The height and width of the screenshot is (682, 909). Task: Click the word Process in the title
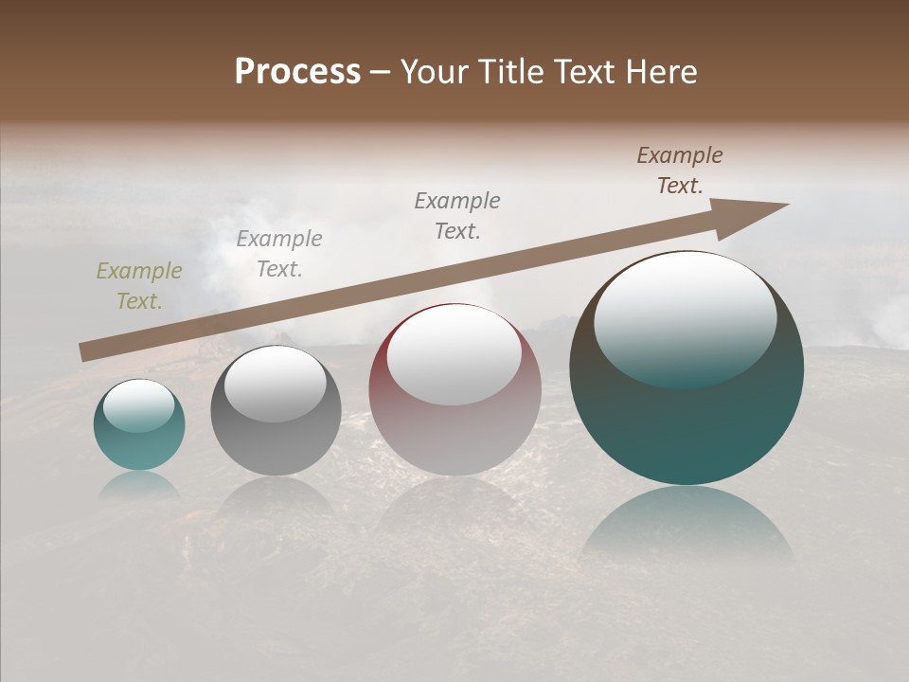click(297, 72)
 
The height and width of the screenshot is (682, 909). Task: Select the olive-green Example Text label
click(139, 286)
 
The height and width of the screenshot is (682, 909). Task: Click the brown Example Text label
click(680, 170)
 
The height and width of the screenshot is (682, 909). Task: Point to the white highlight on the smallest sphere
click(138, 404)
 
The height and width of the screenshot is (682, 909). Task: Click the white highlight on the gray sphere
click(275, 381)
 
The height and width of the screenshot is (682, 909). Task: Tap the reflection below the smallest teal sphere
click(139, 485)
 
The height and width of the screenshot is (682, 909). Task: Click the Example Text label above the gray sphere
click(279, 254)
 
